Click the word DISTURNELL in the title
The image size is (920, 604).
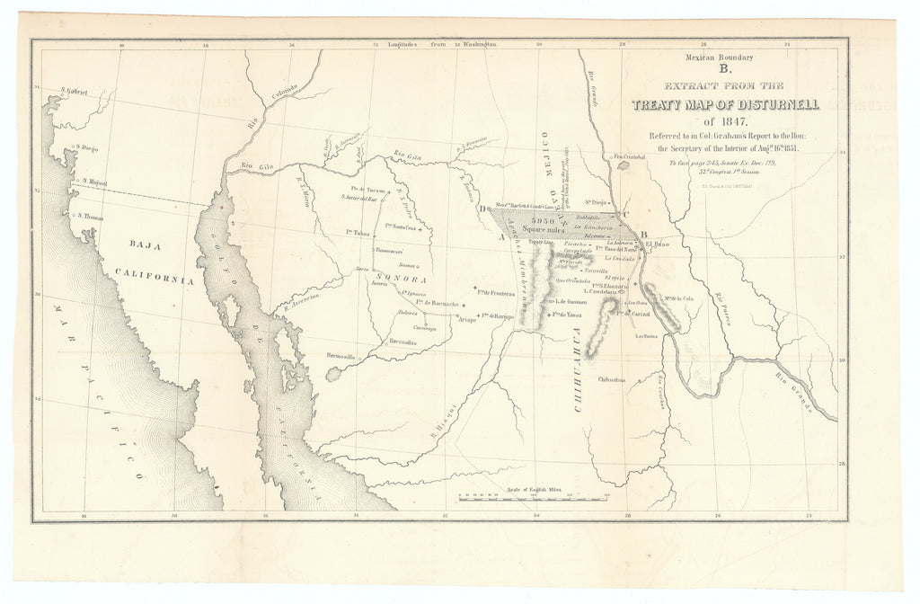pos(767,105)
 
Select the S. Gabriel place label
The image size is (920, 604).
pos(76,92)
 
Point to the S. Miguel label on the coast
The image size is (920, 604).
pos(92,182)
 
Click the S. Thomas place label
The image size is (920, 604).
pos(92,215)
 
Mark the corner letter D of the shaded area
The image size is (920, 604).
pos(483,209)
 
